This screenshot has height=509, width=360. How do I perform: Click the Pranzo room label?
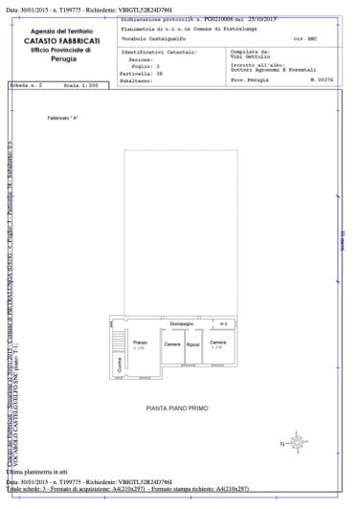click(140, 342)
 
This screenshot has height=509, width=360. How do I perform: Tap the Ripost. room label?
click(192, 343)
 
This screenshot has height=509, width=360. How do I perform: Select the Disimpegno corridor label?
click(182, 323)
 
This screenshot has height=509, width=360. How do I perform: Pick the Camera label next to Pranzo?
click(171, 343)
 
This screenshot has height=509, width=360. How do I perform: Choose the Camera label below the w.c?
click(218, 342)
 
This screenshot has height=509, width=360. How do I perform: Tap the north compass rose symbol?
click(298, 441)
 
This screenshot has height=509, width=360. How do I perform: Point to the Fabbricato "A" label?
click(62, 119)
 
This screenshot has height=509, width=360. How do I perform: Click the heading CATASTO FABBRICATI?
click(61, 41)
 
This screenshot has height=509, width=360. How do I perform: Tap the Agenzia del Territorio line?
click(61, 33)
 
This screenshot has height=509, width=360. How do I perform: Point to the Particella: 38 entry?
click(142, 72)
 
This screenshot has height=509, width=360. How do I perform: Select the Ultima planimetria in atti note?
click(36, 472)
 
